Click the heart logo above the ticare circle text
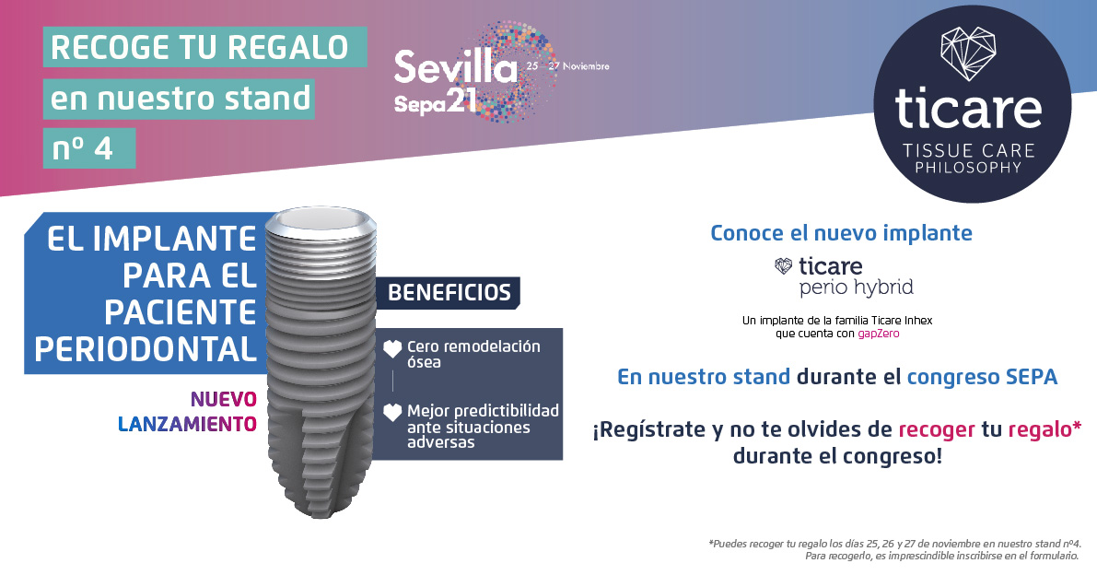tap(968, 53)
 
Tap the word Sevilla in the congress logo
tap(455, 67)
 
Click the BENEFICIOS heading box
tap(449, 292)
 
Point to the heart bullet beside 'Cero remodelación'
tap(392, 348)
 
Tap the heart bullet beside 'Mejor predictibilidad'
tap(392, 412)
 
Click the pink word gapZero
tap(879, 334)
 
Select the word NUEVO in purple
tap(224, 399)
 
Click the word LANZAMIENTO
tap(187, 424)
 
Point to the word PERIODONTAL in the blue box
tap(146, 349)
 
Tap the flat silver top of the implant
tap(321, 218)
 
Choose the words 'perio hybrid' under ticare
tap(857, 287)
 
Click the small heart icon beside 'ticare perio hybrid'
tap(784, 265)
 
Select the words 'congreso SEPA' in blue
tap(982, 377)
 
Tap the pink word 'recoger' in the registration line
tap(936, 429)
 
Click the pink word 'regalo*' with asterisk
tap(1044, 428)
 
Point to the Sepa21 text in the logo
tap(435, 103)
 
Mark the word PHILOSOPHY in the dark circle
tap(968, 167)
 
